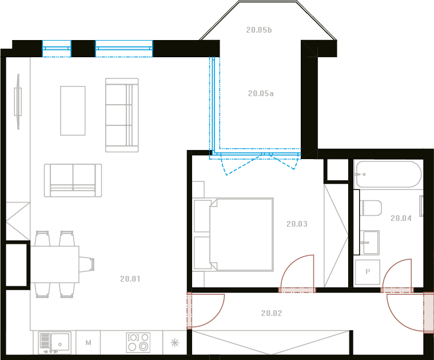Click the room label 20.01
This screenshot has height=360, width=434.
coord(130,279)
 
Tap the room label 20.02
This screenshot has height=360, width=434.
coord(272,313)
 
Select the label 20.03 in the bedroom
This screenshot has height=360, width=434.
coord(297,224)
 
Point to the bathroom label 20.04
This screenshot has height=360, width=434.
coord(401,219)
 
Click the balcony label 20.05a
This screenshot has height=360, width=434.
coord(261,94)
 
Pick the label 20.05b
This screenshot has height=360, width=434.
coord(259,30)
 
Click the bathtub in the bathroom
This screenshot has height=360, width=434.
coord(389,175)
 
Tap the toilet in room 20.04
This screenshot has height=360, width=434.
coord(371,208)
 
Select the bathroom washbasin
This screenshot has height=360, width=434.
coord(370,242)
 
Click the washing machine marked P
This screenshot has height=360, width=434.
coord(368,272)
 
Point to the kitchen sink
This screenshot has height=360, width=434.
coord(54,343)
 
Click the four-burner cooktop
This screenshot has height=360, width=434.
coord(138,342)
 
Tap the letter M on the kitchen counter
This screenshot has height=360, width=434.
coord(88,343)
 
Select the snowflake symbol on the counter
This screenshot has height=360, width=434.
coord(174,343)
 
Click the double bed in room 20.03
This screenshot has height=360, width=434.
coord(233,235)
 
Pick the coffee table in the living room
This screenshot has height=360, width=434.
coord(73,110)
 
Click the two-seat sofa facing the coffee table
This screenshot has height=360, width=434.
coord(73,180)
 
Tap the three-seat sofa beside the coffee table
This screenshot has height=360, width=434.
coord(122,115)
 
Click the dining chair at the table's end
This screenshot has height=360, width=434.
coord(87,264)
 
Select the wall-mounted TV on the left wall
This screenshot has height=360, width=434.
coord(18,102)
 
